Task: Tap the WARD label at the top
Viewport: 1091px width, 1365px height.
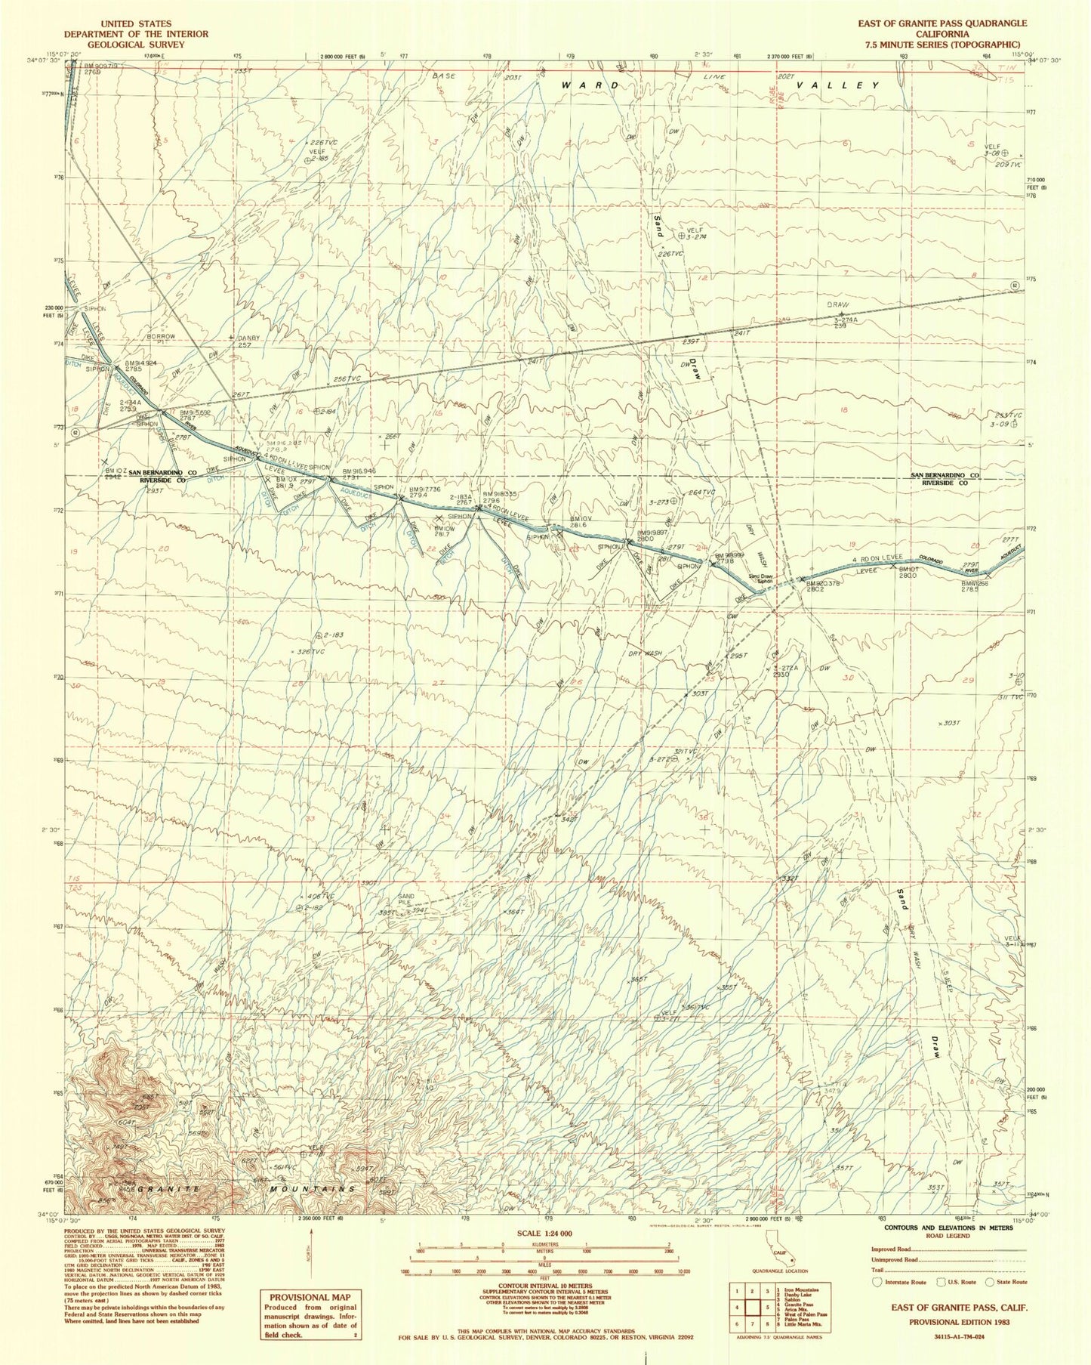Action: tap(590, 86)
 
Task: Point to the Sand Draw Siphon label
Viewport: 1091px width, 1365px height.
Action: tap(760, 579)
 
